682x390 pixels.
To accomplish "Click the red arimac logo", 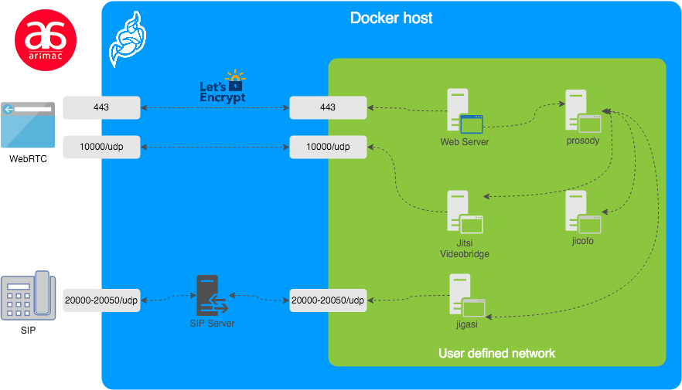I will tap(46, 40).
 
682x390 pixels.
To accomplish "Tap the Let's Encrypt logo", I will tap(223, 88).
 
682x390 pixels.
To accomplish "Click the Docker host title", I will tap(391, 18).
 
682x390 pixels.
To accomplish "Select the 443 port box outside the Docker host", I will tap(101, 107).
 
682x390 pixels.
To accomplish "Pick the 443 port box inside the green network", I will tap(328, 107).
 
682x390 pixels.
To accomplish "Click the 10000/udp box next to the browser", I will tap(101, 147).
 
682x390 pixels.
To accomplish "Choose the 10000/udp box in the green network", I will tap(328, 147).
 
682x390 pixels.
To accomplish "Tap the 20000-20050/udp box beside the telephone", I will tap(101, 300).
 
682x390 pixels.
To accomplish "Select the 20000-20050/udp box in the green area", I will tap(328, 300).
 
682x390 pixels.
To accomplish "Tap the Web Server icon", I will tap(464, 112).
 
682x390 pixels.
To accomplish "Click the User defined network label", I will tap(496, 354).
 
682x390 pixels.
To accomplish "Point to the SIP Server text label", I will tap(212, 324).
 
